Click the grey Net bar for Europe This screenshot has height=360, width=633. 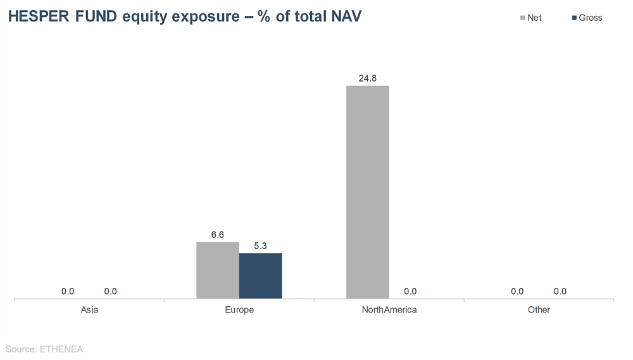(x=218, y=270)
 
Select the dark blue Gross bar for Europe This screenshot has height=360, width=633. (x=260, y=276)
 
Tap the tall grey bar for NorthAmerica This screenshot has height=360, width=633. (x=367, y=192)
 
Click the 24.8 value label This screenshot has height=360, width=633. (x=367, y=78)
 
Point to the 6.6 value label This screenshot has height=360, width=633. (x=218, y=235)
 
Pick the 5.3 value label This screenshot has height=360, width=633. (x=260, y=246)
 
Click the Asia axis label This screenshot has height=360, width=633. (x=89, y=310)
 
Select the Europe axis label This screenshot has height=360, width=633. (x=239, y=310)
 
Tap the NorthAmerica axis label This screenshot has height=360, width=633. (x=389, y=310)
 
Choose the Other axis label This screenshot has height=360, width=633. (x=539, y=310)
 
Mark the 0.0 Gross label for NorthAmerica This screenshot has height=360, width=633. (x=410, y=292)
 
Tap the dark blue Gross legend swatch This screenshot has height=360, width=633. (x=574, y=18)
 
